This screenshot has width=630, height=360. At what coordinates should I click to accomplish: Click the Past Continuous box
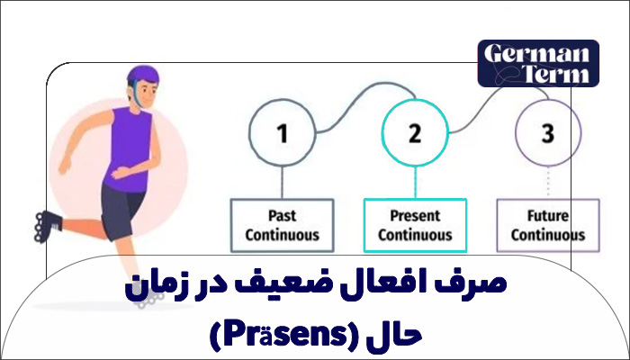(282, 225)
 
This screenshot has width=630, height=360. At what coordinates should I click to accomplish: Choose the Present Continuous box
(415, 225)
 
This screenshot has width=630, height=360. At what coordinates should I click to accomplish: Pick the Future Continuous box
(548, 225)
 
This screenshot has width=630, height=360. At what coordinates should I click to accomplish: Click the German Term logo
(538, 62)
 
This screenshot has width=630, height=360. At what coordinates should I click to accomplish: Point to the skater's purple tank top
(130, 144)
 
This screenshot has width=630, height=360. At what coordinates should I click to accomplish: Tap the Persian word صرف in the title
(482, 286)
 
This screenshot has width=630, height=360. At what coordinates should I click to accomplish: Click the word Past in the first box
(282, 216)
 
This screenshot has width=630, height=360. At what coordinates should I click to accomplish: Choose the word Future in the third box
(548, 216)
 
